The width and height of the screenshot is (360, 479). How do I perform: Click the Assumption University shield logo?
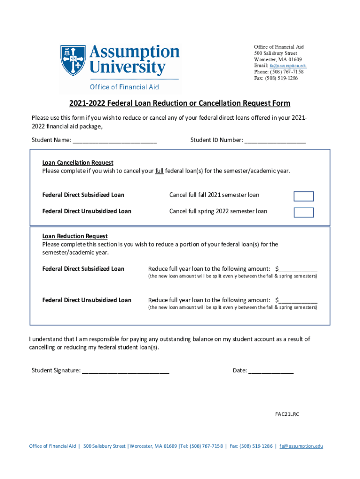click(73, 60)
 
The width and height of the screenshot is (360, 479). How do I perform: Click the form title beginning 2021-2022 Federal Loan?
click(180, 103)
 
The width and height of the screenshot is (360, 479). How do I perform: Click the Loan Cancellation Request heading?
click(78, 163)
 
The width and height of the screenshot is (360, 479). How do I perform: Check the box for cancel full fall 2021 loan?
click(303, 196)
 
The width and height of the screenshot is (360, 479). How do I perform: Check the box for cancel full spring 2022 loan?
click(303, 212)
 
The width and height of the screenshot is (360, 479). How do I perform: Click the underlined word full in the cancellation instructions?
click(159, 171)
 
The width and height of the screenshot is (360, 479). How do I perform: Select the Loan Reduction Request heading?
click(75, 236)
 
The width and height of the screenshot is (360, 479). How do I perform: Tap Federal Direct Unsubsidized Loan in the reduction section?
click(86, 300)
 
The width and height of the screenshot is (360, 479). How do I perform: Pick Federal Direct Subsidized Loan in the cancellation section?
click(83, 195)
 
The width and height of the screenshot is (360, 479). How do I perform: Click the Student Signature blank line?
click(125, 371)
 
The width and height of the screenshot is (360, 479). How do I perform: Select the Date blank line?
click(271, 371)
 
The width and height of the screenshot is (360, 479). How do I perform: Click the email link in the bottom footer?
click(301, 446)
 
